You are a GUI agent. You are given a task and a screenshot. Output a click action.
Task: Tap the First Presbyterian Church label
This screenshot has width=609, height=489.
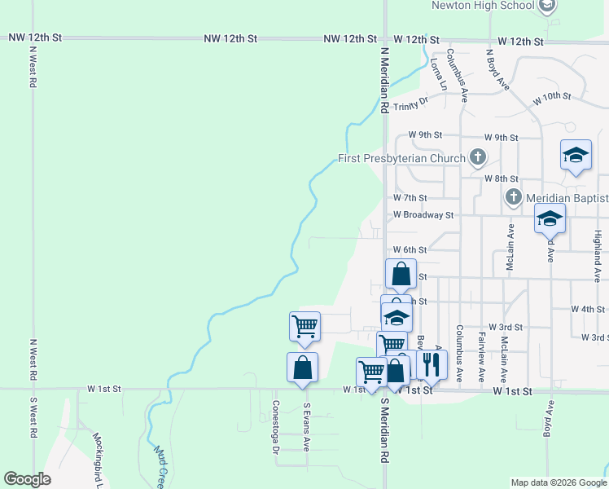(x=402, y=158)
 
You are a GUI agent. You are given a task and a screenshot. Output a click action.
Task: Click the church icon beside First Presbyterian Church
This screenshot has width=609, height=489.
(x=478, y=157)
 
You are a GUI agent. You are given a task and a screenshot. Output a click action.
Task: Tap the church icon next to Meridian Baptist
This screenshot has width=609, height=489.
(x=513, y=197)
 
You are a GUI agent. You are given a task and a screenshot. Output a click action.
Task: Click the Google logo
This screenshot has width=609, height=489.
(x=27, y=479)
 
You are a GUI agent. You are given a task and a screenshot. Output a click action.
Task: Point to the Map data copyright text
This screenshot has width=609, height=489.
(x=558, y=482)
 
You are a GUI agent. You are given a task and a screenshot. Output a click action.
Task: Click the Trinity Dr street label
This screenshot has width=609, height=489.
(x=410, y=104)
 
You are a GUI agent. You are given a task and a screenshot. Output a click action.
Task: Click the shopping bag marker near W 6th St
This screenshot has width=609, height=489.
(x=401, y=274)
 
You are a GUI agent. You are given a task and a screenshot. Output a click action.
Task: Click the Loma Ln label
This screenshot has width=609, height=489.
(x=439, y=73)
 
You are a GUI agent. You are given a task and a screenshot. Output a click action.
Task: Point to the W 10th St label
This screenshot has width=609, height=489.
(x=552, y=97)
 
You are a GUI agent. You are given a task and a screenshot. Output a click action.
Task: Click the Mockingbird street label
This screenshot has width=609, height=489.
(x=97, y=460)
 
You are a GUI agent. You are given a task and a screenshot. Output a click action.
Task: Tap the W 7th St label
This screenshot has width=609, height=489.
(x=410, y=197)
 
